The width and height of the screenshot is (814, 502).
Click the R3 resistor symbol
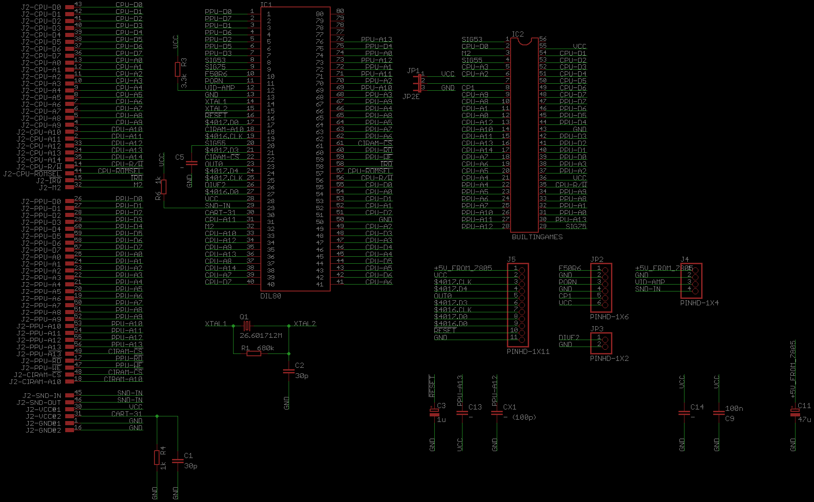pyautogui.click(x=178, y=69)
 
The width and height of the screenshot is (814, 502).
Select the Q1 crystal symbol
pyautogui.click(x=247, y=326)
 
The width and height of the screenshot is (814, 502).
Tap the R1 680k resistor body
pyautogui.click(x=254, y=353)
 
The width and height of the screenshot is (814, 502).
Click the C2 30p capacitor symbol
pyautogui.click(x=289, y=371)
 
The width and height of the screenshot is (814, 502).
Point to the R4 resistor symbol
pyautogui.click(x=157, y=458)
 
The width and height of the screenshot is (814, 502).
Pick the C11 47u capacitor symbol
pyautogui.click(x=795, y=412)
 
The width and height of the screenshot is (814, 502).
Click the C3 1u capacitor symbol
pyautogui.click(x=434, y=412)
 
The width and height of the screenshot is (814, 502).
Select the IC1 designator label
pyautogui.click(x=266, y=5)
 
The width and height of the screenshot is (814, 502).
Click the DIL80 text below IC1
pyautogui.click(x=271, y=296)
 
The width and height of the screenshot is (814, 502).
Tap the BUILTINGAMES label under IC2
pyautogui.click(x=537, y=237)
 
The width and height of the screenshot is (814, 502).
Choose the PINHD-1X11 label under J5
pyautogui.click(x=528, y=352)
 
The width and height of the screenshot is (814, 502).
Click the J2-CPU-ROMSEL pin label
pyautogui.click(x=32, y=174)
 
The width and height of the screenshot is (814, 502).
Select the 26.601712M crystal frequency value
pyautogui.click(x=261, y=335)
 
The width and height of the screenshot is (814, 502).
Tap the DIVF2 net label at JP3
pyautogui.click(x=569, y=338)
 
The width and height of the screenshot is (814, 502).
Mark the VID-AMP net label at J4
pyautogui.click(x=650, y=282)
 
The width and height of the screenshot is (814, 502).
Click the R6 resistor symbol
pyautogui.click(x=164, y=187)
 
